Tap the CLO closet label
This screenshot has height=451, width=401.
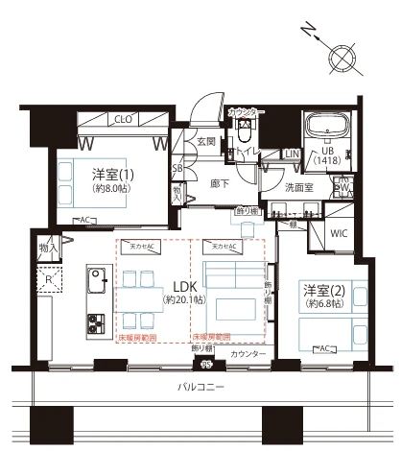pos(122,120)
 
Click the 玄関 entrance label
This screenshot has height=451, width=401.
pos(206,142)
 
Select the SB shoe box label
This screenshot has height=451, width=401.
pos(176,169)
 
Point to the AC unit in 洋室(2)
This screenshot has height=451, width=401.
pos(323,347)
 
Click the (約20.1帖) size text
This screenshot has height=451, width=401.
pos(183,300)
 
